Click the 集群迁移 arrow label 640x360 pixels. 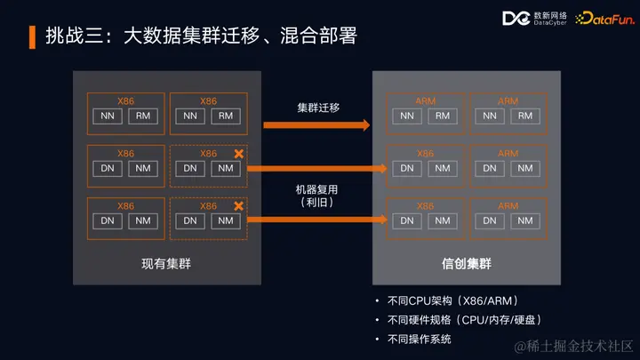(x=317, y=108)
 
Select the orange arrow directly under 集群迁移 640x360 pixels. (x=317, y=125)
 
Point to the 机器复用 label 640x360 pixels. (x=317, y=189)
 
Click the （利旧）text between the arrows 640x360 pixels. (x=317, y=203)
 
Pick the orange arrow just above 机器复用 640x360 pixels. (x=317, y=167)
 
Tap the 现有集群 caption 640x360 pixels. (x=166, y=263)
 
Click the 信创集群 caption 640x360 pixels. (x=467, y=263)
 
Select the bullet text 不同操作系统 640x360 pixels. (x=419, y=340)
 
